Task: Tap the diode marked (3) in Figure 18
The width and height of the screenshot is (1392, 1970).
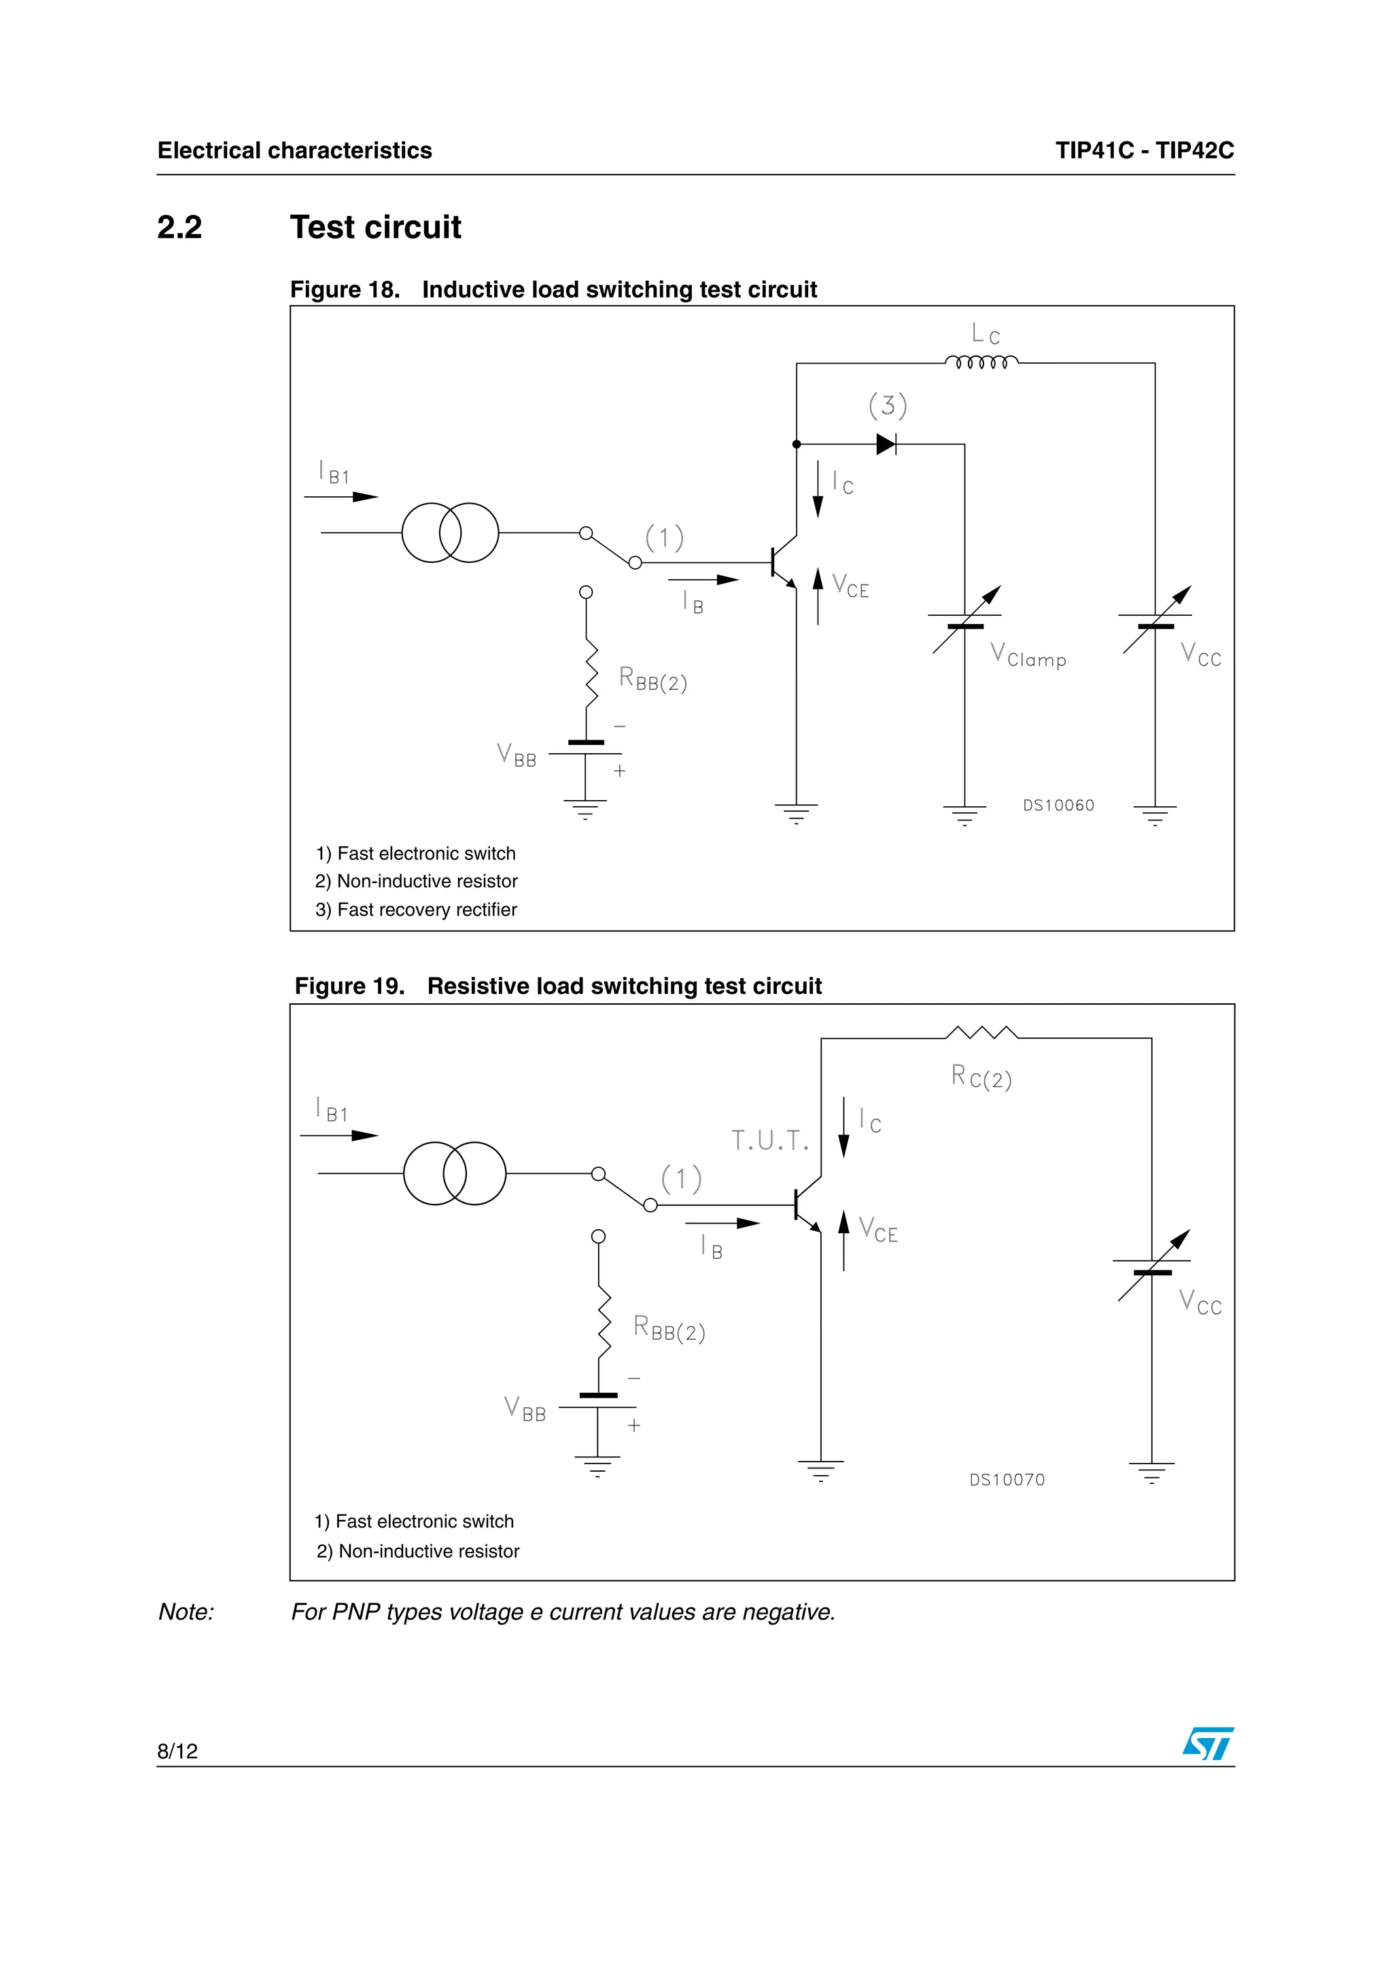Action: point(886,445)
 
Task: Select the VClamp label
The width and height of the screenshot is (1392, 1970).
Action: point(1028,657)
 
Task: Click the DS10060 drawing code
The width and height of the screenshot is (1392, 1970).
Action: point(1058,805)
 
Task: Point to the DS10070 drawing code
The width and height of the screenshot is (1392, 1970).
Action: point(1007,1479)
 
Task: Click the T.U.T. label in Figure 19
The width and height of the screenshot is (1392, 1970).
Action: point(769,1140)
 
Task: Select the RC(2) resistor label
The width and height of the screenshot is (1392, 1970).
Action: point(981,1077)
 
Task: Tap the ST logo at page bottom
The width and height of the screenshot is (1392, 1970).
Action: point(1208,1744)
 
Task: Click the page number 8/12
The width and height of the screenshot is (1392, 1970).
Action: point(177,1750)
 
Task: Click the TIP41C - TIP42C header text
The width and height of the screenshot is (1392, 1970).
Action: point(1144,150)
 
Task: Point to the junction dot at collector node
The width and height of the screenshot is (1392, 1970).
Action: point(797,445)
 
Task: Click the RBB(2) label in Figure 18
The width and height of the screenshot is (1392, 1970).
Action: point(652,680)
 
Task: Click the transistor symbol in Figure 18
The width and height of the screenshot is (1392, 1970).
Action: point(783,563)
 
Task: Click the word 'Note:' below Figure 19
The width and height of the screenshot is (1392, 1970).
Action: point(186,1612)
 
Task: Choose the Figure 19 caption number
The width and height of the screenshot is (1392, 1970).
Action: point(349,986)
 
